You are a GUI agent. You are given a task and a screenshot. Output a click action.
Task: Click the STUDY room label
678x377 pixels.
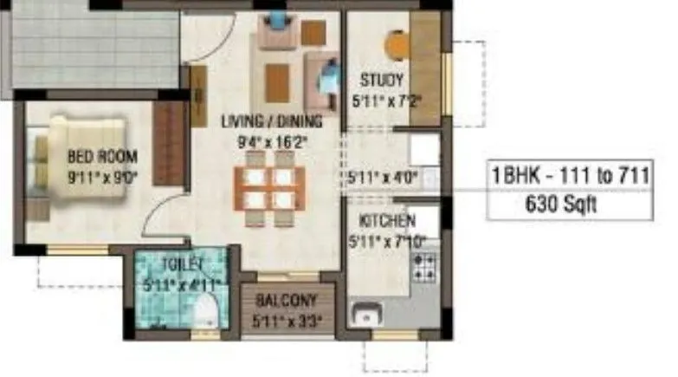click(x=382, y=81)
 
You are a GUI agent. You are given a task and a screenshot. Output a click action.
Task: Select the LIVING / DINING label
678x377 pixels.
click(x=271, y=120)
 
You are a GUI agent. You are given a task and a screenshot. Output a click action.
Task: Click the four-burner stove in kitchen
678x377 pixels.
click(x=425, y=268)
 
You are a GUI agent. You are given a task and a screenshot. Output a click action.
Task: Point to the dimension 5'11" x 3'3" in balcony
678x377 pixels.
click(x=287, y=321)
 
